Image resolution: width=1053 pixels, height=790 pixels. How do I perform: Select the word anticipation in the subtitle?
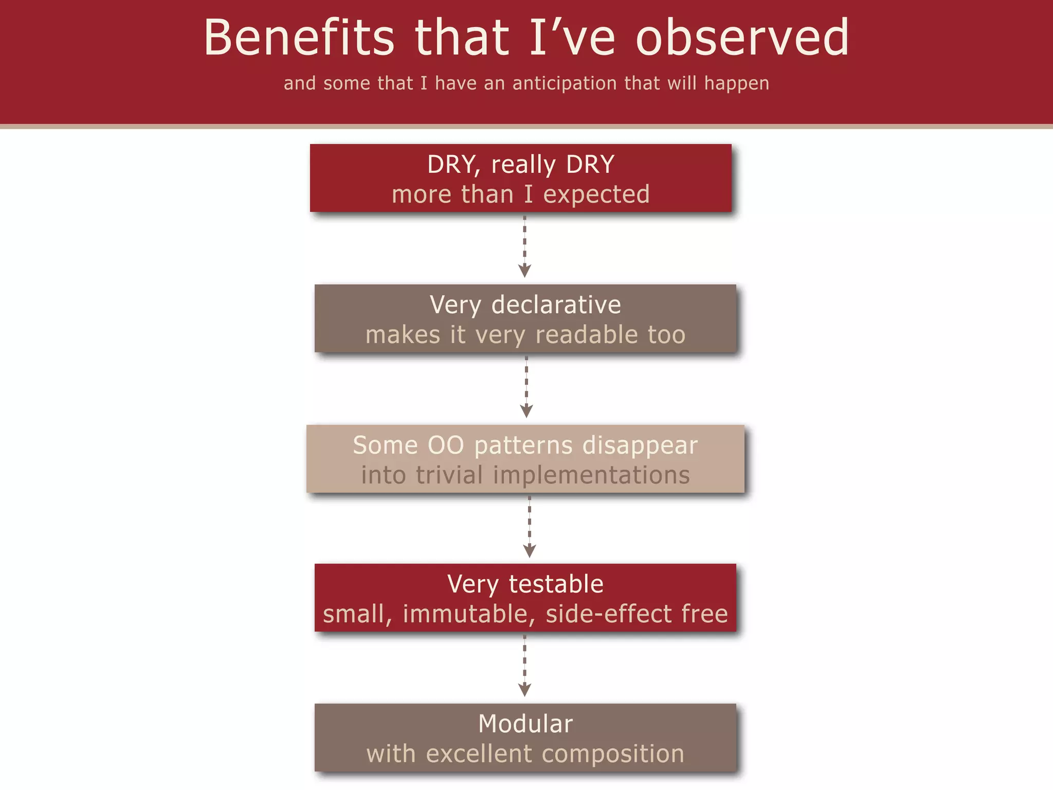pos(564,83)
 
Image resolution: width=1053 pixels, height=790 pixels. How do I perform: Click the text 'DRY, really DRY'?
pos(520,165)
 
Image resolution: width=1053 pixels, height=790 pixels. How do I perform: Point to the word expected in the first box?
pos(596,195)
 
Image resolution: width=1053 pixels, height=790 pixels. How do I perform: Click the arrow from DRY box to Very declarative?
pos(524,247)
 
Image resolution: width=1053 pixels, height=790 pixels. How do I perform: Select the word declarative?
pos(556,305)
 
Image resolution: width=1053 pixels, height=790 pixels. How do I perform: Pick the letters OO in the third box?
pos(446,445)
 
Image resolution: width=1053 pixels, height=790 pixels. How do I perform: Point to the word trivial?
pos(449,475)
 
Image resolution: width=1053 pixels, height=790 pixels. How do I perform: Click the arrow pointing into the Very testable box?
pos(529,527)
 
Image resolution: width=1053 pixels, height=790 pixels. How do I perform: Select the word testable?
pos(556,584)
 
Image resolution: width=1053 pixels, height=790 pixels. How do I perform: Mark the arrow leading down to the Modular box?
pos(524,667)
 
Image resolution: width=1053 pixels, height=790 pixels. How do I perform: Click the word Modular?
pos(525,724)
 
